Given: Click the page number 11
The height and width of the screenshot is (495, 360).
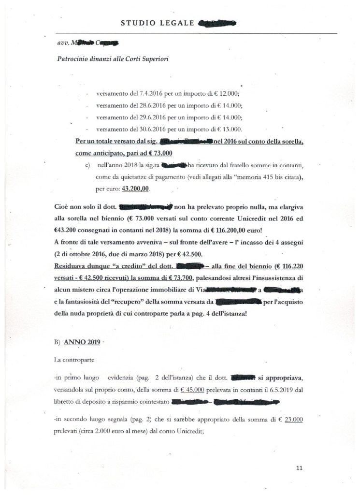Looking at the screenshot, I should pyautogui.click(x=299, y=468).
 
